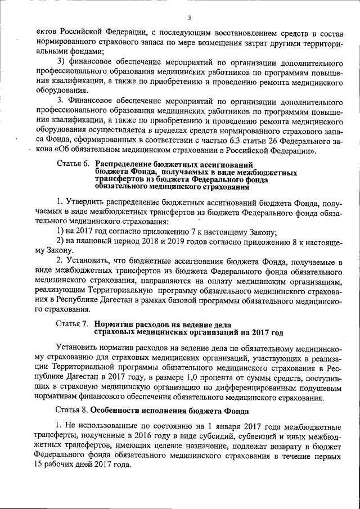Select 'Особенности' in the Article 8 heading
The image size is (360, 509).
pyautogui.click(x=116, y=410)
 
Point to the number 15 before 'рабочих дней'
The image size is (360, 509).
pyautogui.click(x=39, y=466)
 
